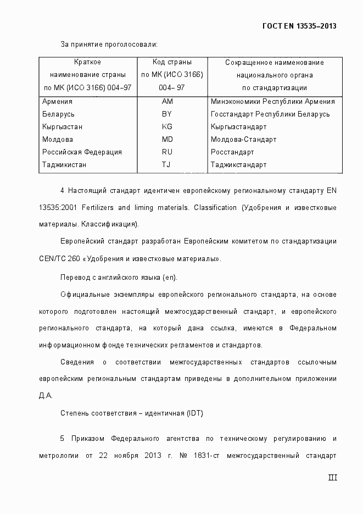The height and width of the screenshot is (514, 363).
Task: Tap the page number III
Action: pyautogui.click(x=332, y=478)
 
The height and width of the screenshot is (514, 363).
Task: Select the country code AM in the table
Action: pyautogui.click(x=167, y=102)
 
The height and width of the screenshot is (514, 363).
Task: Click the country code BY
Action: pyautogui.click(x=167, y=114)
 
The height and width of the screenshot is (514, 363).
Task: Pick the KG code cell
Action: pyautogui.click(x=167, y=127)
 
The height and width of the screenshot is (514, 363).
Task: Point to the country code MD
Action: pyautogui.click(x=167, y=140)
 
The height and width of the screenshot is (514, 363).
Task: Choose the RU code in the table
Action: pyautogui.click(x=167, y=152)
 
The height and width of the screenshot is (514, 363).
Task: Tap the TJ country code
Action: pyautogui.click(x=166, y=165)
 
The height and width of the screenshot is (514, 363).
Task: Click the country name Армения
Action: pyautogui.click(x=57, y=102)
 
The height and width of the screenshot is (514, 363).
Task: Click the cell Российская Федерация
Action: pyautogui.click(x=82, y=152)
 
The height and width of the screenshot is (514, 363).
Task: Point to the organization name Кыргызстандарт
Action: pyautogui.click(x=238, y=127)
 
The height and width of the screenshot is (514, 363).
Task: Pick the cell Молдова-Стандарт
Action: pyautogui.click(x=243, y=140)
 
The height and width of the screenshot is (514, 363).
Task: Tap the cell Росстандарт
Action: pyautogui.click(x=232, y=152)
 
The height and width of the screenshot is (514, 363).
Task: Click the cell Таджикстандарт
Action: pyautogui.click(x=238, y=165)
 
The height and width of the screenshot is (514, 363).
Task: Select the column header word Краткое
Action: pyautogui.click(x=87, y=63)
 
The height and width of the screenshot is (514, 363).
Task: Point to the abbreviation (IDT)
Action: pyautogui.click(x=194, y=413)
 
